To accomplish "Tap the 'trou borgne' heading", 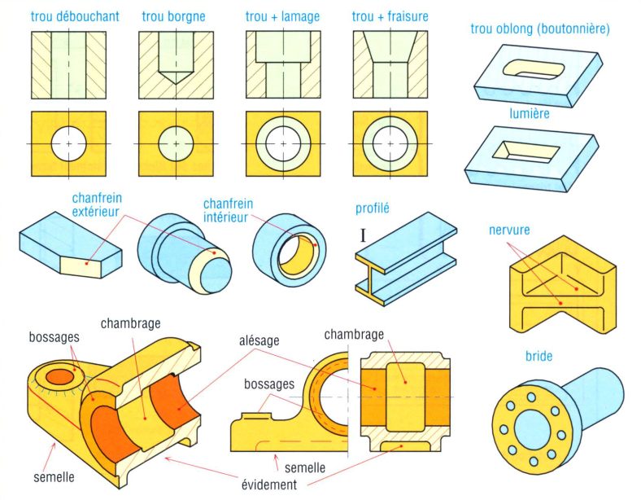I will [173, 16].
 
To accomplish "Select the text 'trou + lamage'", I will [282, 16].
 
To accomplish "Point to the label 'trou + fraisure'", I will [390, 16].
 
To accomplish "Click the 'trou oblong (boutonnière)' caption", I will [540, 29].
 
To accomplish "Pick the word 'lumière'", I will [529, 113].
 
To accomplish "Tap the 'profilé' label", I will [373, 208].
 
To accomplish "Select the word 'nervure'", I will [510, 230].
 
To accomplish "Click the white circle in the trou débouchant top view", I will [69, 144].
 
